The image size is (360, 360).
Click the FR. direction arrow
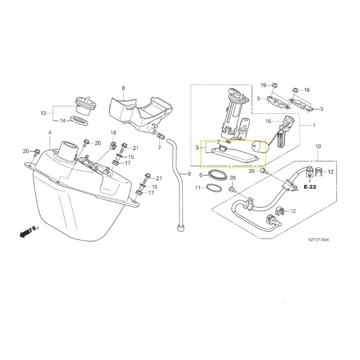point(29,231)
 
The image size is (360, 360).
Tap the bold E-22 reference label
point(310,187)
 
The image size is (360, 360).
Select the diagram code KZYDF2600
point(319,240)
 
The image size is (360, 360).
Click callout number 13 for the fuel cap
point(44,113)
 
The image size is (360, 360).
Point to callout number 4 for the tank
point(50,132)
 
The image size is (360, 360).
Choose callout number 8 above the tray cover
point(123,88)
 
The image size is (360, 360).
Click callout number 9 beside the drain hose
point(189,174)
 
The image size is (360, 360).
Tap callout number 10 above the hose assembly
point(318,146)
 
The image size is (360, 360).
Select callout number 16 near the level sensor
point(268,121)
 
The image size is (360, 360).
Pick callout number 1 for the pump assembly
point(314,126)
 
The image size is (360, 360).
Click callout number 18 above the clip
point(113,133)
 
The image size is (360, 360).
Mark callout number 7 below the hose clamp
point(159,148)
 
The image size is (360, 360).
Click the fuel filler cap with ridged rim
point(85,106)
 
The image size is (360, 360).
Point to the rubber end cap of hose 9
point(181,229)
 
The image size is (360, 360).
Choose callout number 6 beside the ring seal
point(201,175)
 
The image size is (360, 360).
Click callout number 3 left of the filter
point(197,148)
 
